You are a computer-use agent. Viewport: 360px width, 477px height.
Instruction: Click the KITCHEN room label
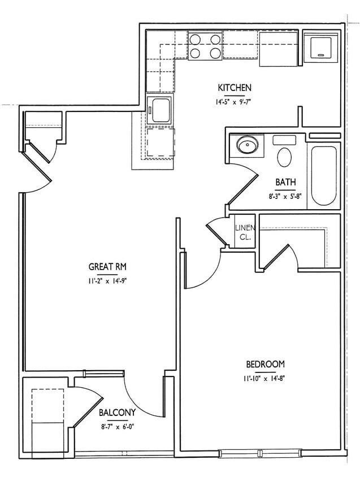tap(235, 88)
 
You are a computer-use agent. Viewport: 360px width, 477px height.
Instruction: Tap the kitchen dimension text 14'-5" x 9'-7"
tap(235, 103)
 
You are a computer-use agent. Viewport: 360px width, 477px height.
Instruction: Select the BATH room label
tap(285, 182)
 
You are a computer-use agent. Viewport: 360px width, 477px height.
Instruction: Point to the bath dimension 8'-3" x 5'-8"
tap(285, 197)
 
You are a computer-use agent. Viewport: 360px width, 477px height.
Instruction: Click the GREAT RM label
tap(107, 266)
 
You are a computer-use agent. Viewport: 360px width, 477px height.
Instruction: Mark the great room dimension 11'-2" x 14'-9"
tap(107, 281)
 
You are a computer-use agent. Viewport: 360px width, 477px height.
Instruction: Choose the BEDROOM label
tap(265, 364)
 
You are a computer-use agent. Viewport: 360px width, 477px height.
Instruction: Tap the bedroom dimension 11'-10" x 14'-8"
tap(265, 379)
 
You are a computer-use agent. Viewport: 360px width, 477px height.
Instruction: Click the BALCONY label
tap(117, 413)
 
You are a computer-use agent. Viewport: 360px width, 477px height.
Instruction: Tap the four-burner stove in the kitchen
tap(205, 46)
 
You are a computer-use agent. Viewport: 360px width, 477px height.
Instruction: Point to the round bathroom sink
tap(246, 145)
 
